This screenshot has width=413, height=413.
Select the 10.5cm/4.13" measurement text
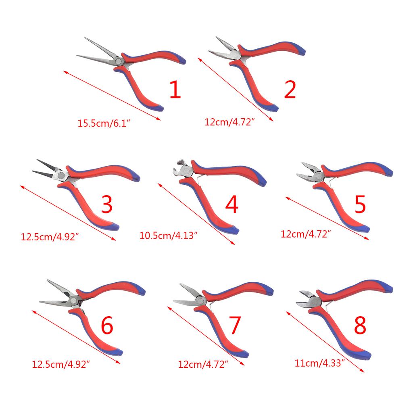[x=168, y=236]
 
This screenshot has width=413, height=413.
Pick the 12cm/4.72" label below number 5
[x=306, y=234]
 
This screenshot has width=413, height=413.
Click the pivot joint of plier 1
[x=118, y=61]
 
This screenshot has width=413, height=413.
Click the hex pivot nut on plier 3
[x=61, y=175]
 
